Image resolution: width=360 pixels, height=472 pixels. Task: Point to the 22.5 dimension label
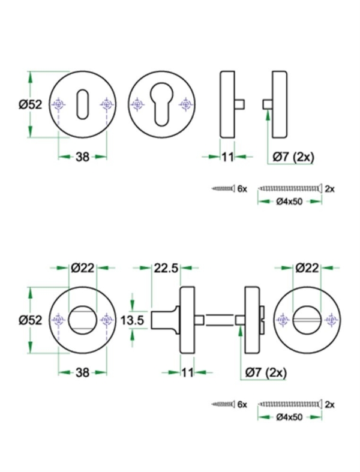tap(164, 269)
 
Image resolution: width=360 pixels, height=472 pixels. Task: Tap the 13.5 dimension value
tap(132, 321)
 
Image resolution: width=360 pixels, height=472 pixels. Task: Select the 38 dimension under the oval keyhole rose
tap(82, 157)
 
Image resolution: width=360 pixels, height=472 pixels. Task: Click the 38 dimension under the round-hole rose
tap(82, 372)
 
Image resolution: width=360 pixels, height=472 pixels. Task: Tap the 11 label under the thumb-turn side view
tap(187, 372)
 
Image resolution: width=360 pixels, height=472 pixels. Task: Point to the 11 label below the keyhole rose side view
tap(227, 157)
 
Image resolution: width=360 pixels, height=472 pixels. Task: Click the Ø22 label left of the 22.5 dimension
tap(82, 269)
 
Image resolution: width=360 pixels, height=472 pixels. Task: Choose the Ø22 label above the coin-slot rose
tap(307, 269)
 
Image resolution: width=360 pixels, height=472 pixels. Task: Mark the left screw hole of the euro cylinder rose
tap(137, 105)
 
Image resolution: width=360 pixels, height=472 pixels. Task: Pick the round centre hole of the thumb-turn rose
tap(82, 321)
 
